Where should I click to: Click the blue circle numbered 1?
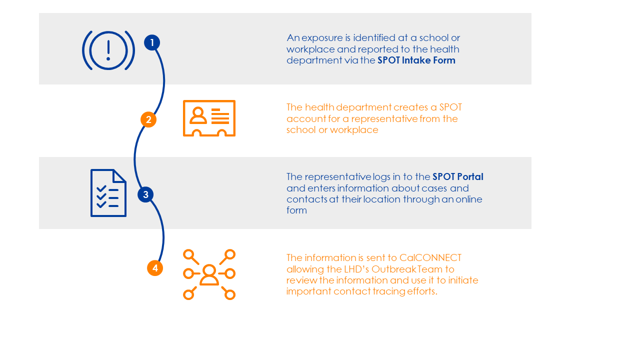(152, 42)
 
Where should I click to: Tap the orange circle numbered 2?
(148, 119)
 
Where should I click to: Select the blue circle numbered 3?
(145, 194)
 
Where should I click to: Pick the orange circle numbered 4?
(155, 268)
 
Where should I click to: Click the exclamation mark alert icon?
(108, 50)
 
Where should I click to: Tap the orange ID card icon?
(209, 118)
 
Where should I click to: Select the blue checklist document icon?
(108, 193)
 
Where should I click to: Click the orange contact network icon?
(209, 274)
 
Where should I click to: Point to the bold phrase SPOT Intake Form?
(416, 60)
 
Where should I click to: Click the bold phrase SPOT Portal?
(457, 176)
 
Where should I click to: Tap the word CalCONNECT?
(430, 258)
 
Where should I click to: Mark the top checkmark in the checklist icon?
(101, 188)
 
